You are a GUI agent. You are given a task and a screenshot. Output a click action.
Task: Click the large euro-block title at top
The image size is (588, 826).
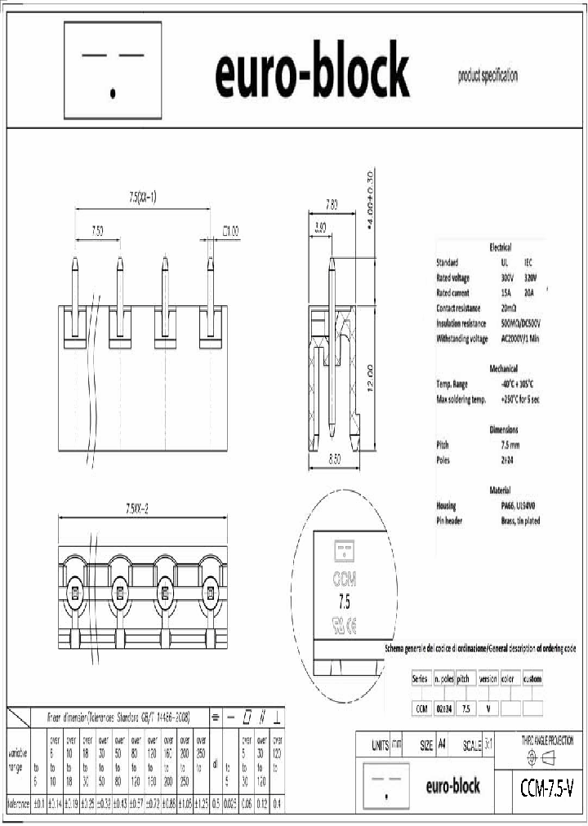(x=312, y=71)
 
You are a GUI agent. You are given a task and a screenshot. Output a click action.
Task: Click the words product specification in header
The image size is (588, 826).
(x=488, y=76)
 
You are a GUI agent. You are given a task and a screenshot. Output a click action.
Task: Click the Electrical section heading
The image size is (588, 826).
(x=500, y=246)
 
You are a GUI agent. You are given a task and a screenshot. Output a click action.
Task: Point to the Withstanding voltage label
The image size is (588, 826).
(x=462, y=338)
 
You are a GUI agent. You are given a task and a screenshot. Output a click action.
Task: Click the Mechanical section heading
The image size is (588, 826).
(x=503, y=368)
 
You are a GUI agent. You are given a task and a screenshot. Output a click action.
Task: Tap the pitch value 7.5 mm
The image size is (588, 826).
(x=511, y=445)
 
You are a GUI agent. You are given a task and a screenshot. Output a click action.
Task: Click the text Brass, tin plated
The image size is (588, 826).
(x=521, y=521)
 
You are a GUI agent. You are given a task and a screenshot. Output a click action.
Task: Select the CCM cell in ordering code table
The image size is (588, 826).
(x=421, y=708)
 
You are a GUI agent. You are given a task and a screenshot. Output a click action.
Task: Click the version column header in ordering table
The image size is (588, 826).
(x=488, y=678)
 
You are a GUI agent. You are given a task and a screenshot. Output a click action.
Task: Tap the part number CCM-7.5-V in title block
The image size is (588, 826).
(x=546, y=788)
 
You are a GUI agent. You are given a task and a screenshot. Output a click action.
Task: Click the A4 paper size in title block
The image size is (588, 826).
(x=442, y=744)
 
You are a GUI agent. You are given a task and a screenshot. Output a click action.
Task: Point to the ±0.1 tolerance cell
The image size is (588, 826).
(x=38, y=803)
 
